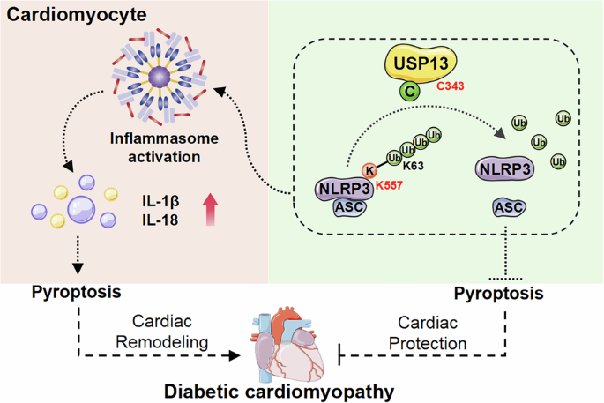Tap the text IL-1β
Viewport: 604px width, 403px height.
tap(162, 199)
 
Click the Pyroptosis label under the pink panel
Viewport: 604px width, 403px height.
tap(77, 291)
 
